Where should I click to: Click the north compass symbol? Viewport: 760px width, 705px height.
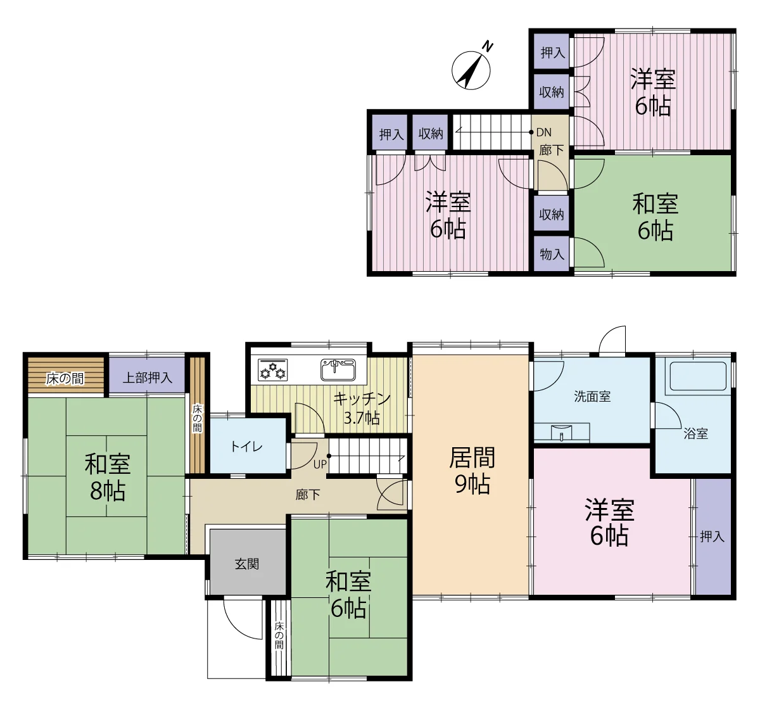coord(471,69)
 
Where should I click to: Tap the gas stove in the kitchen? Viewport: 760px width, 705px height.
coord(272,369)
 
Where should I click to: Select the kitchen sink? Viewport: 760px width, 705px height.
coord(338,369)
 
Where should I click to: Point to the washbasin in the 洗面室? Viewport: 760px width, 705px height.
coord(561,433)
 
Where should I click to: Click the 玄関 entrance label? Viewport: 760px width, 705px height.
coord(247,564)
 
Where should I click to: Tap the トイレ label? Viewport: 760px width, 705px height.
coord(246,447)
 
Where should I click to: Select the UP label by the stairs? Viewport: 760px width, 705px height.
coord(320,464)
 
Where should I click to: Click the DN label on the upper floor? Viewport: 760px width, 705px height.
coord(544,132)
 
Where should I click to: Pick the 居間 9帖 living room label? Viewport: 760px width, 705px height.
coord(472,471)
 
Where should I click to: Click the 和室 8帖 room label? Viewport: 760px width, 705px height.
coord(108,477)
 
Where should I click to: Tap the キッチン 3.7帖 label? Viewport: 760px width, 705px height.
coord(362,409)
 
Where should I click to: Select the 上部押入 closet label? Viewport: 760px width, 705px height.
coord(148,378)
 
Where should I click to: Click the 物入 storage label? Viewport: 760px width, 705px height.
coord(552,254)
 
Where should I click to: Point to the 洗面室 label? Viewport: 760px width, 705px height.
coord(592,397)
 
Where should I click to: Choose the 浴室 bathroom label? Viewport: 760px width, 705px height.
coord(695,434)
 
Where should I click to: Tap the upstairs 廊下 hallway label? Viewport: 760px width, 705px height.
coord(551,150)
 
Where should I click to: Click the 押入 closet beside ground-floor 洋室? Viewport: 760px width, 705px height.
coord(713,537)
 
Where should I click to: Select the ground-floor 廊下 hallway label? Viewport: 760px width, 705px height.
coord(308,495)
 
